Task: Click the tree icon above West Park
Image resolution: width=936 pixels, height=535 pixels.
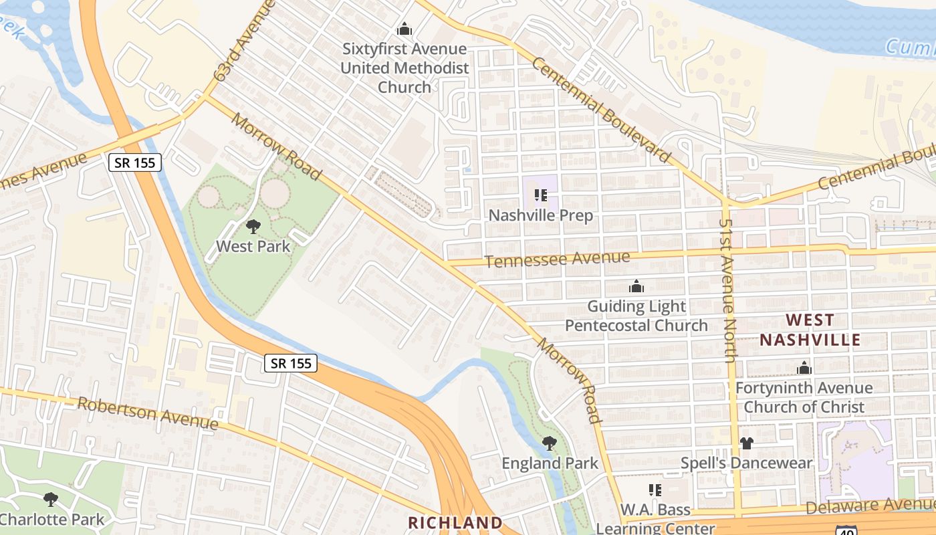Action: click(x=253, y=227)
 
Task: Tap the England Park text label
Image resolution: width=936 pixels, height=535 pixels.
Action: click(x=550, y=463)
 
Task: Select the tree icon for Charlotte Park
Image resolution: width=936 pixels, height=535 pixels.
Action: click(x=50, y=499)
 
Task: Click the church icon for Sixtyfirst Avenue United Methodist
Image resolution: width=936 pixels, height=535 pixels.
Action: click(x=404, y=29)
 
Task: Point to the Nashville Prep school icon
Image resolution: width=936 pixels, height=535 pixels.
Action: click(x=541, y=195)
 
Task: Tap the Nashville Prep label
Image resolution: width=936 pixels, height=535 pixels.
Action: click(x=541, y=216)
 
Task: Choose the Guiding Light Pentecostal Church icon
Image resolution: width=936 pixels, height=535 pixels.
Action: click(x=636, y=287)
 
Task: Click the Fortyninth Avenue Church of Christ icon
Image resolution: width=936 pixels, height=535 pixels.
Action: click(x=804, y=368)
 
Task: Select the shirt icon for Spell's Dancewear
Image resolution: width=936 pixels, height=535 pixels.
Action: click(x=747, y=443)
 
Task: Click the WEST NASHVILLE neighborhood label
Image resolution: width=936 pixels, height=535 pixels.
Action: click(x=810, y=330)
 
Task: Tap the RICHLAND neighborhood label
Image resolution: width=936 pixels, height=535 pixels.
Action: click(x=455, y=522)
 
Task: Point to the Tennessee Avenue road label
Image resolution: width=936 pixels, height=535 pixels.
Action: click(x=557, y=259)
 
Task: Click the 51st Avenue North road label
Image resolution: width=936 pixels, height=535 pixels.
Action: click(x=727, y=290)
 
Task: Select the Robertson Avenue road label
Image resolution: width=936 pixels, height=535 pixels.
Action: click(x=148, y=413)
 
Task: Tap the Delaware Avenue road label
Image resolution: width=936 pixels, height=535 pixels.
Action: click(x=870, y=506)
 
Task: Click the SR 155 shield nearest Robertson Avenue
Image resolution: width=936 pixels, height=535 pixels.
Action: click(x=290, y=363)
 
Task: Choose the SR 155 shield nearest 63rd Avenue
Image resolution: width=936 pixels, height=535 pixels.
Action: click(x=136, y=162)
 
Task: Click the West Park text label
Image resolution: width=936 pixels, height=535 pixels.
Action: click(x=253, y=246)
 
